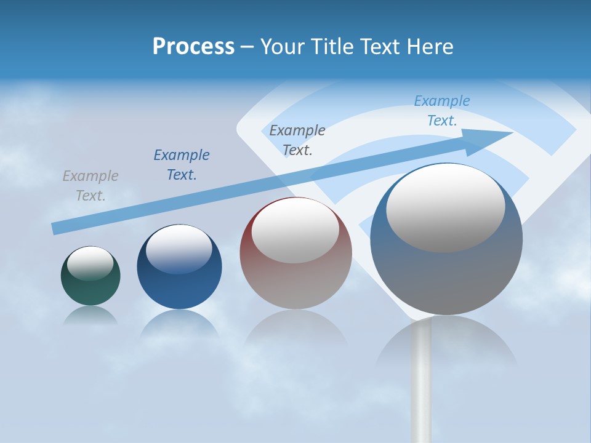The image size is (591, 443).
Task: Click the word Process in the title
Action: pyautogui.click(x=193, y=47)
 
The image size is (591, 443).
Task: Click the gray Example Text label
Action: pyautogui.click(x=90, y=186)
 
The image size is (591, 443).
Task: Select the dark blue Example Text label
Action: pyautogui.click(x=182, y=165)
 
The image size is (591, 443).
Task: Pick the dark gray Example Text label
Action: pyautogui.click(x=297, y=140)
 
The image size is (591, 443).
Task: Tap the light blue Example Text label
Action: pyautogui.click(x=442, y=111)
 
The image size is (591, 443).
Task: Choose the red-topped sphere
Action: pyautogui.click(x=295, y=271)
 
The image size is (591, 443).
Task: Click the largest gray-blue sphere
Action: pyautogui.click(x=446, y=271)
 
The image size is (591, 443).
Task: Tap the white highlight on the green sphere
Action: pyautogui.click(x=90, y=263)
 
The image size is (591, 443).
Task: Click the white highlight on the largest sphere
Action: pyautogui.click(x=446, y=208)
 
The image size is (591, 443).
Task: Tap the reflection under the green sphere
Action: pyautogui.click(x=90, y=316)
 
